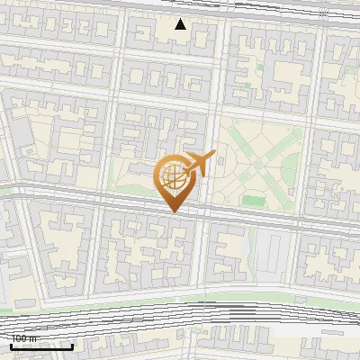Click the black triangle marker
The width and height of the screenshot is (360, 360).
(180, 24)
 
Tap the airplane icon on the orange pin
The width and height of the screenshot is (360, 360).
(200, 164)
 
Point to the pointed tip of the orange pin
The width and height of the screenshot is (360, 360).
(173, 212)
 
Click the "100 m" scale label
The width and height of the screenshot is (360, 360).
(24, 338)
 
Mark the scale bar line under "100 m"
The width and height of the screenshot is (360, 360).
(41, 346)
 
